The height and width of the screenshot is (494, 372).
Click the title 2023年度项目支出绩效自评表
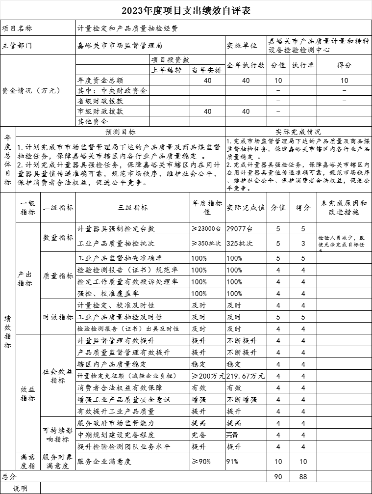click(x=186, y=10)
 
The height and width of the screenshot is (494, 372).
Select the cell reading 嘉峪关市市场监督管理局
click(x=120, y=45)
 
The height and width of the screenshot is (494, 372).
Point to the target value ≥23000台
click(x=206, y=229)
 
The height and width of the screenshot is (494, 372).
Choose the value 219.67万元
click(x=246, y=376)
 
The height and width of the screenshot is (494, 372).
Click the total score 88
click(x=303, y=476)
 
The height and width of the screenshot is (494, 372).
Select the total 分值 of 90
click(x=278, y=476)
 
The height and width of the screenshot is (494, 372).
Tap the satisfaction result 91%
click(x=232, y=461)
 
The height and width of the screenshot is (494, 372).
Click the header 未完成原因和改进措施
click(x=343, y=208)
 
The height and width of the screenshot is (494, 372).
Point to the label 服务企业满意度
click(x=105, y=461)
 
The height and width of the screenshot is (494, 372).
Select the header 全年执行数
click(x=246, y=65)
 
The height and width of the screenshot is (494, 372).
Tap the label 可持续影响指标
click(x=58, y=435)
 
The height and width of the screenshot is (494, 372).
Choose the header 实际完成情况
click(x=298, y=132)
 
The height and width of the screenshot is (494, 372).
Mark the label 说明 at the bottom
click(x=21, y=489)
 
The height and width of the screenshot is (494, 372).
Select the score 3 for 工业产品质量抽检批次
click(x=303, y=243)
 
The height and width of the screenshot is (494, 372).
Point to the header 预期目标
click(x=121, y=132)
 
